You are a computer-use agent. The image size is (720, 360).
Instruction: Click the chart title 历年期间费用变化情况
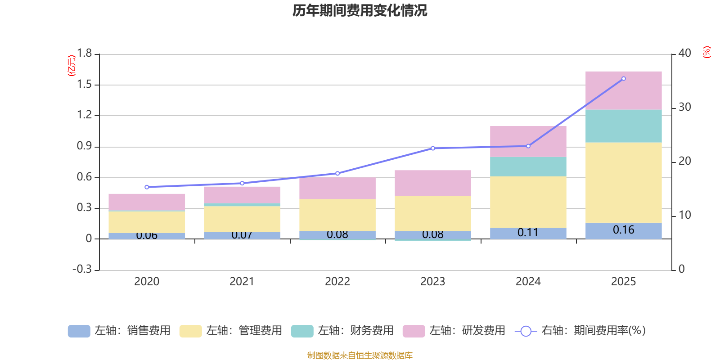coord(360,10)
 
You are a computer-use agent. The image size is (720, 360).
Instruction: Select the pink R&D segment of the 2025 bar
coord(623,90)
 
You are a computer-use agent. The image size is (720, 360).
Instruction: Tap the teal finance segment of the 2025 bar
coord(623,126)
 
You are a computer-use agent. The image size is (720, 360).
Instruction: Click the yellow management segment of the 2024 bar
coord(528,202)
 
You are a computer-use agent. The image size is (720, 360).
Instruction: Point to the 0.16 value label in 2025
coord(623,230)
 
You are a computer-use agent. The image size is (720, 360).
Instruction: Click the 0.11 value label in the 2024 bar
coord(528,233)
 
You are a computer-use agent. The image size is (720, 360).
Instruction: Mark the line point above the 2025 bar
coord(623,79)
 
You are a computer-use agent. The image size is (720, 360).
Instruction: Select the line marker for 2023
coord(433,148)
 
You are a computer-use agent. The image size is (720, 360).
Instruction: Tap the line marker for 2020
coord(147,187)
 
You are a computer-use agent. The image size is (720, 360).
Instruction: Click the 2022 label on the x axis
coord(337,281)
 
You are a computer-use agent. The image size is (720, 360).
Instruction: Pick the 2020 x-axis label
coord(147,281)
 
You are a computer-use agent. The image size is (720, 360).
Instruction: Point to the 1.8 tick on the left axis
coord(84,54)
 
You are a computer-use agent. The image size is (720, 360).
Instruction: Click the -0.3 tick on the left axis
coord(82,269)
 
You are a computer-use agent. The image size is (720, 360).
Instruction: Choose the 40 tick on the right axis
coord(684,53)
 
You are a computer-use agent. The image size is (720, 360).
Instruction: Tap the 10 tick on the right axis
coord(684,215)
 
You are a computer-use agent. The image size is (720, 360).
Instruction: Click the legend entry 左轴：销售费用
coord(119,331)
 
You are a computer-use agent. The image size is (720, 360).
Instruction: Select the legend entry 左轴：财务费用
coord(342,331)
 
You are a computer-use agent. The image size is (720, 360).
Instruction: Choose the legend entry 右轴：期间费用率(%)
coord(580,331)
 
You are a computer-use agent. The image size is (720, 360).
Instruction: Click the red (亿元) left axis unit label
coord(71,66)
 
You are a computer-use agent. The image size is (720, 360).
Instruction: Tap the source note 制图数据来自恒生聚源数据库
coord(360,355)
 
